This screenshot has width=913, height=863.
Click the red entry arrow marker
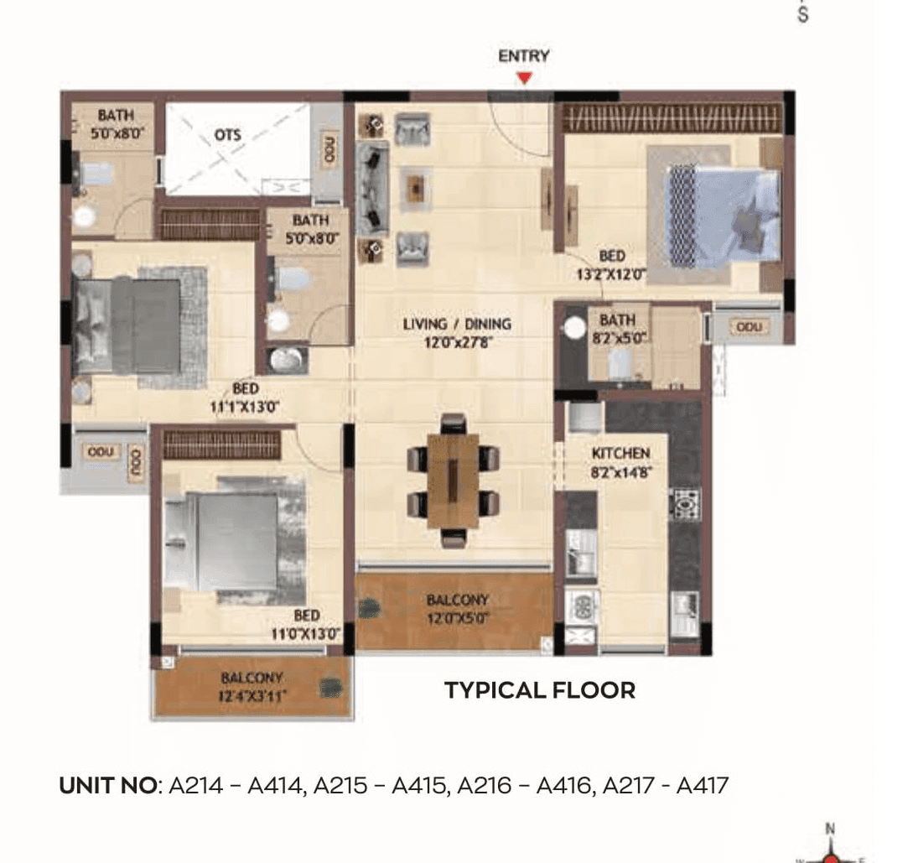524,78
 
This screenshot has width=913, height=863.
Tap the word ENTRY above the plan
524,56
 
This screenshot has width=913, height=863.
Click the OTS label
227,135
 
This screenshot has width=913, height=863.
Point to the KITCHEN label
620,454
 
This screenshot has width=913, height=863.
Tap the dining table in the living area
453,481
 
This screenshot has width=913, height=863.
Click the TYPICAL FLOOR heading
540,690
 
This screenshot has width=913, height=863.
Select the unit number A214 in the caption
196,786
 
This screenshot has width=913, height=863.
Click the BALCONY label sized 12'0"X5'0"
457,600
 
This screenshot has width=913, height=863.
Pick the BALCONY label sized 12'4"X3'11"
252,678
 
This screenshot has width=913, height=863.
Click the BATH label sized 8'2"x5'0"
617,320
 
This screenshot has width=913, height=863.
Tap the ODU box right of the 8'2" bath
748,325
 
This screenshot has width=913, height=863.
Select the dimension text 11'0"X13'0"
306,634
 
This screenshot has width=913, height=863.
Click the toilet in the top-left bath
95,174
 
